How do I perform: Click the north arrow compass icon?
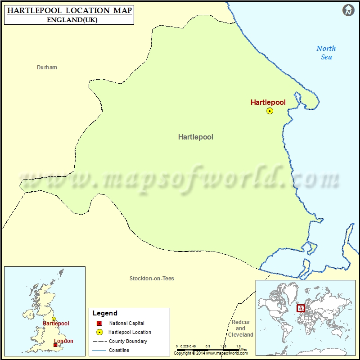tap(348, 10)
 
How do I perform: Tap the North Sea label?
tap(326, 53)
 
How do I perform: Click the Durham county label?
tap(47, 67)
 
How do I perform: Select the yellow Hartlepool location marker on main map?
tap(270, 111)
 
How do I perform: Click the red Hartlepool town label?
tap(268, 102)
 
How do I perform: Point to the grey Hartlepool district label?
tap(196, 137)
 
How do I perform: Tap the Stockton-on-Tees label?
tap(152, 279)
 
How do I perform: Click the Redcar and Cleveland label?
tap(241, 328)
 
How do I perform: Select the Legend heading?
tap(105, 313)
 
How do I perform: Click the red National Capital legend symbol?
tap(99, 324)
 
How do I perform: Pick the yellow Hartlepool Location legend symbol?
tap(99, 332)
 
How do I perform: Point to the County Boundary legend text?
tap(128, 341)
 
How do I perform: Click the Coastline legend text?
tap(119, 350)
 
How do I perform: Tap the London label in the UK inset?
tap(63, 341)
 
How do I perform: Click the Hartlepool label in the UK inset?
tap(56, 324)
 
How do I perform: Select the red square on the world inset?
tap(301, 308)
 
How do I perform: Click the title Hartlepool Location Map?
tap(69, 10)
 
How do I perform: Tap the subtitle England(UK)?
tap(72, 20)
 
